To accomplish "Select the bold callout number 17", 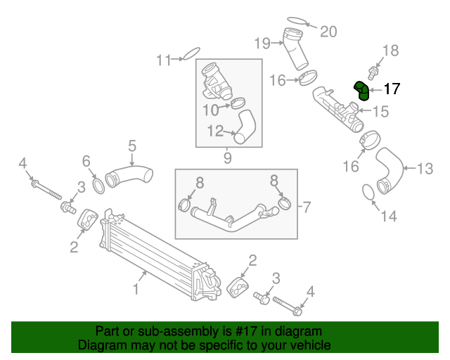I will pos(392,89).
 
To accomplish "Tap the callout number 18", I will pos(390,50).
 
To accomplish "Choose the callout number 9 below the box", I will pos(228,158).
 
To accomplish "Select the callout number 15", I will pos(380,110).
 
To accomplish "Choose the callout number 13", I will pos(425,169).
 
